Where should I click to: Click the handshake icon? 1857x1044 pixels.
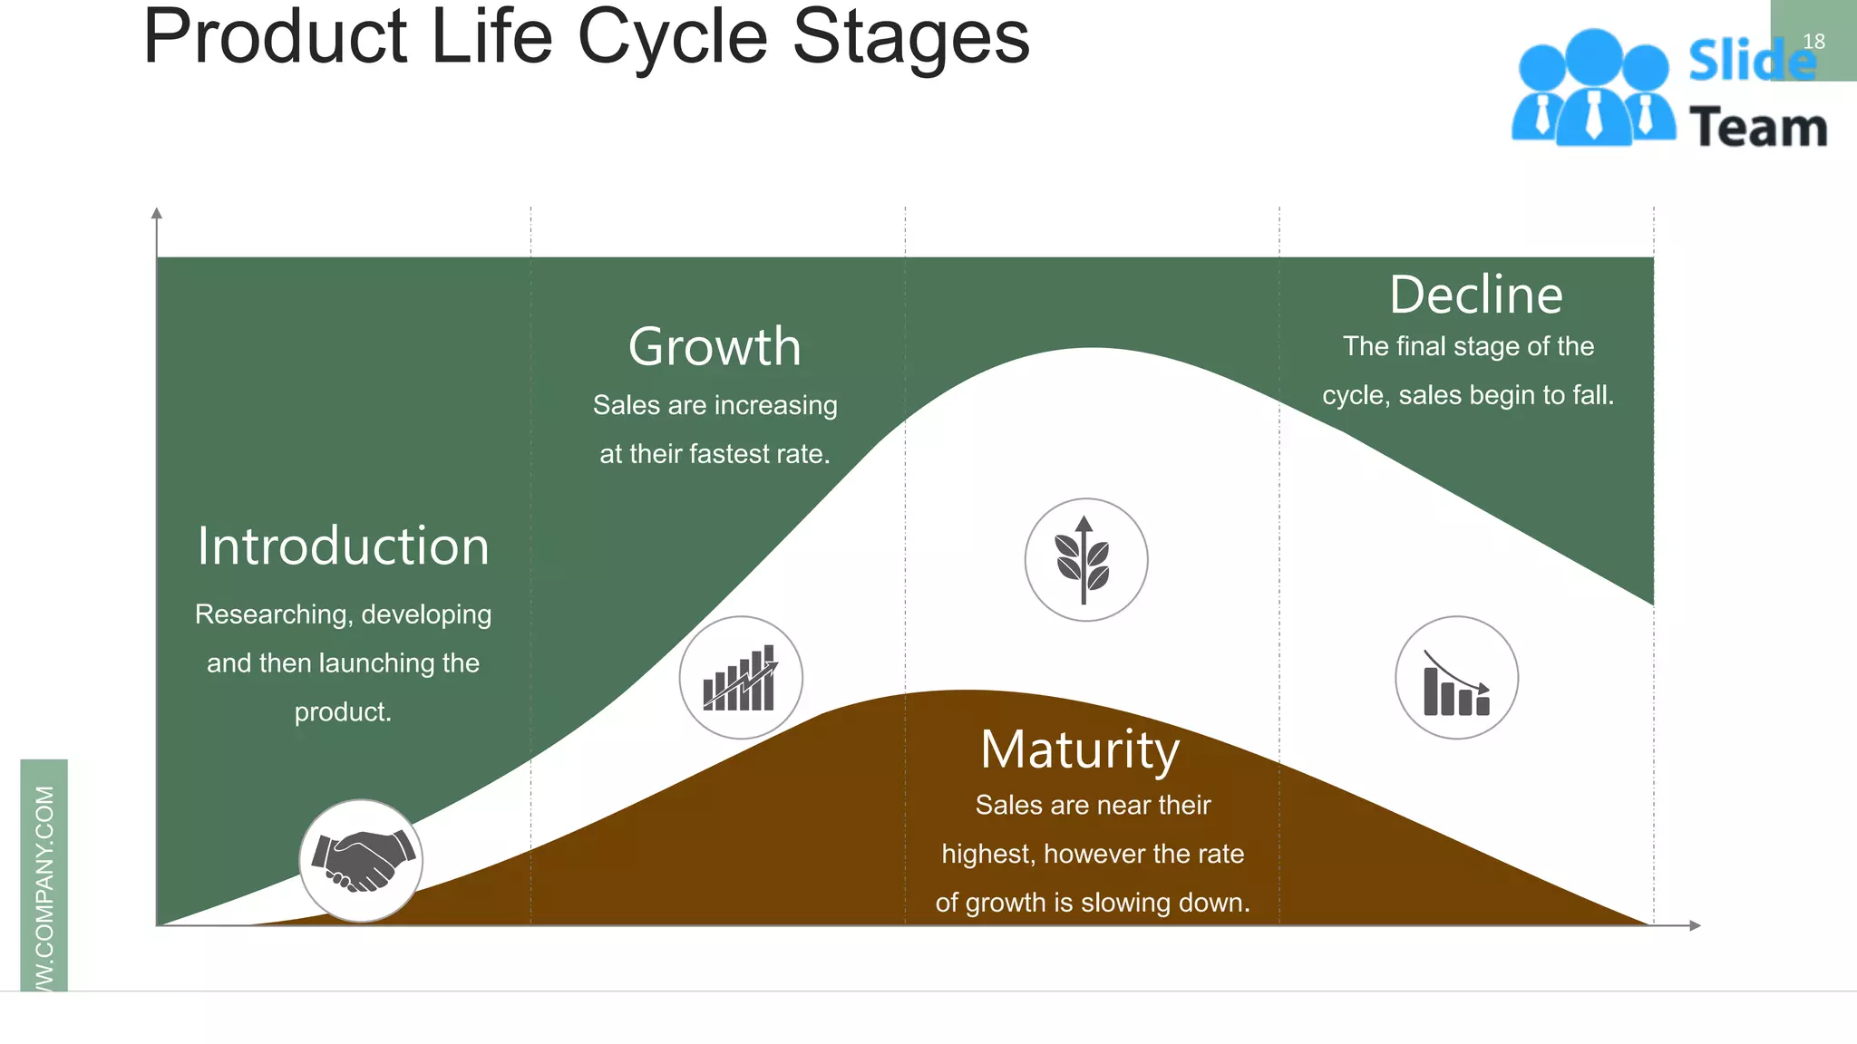pyautogui.click(x=362, y=861)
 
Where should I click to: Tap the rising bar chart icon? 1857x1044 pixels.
pyautogui.click(x=741, y=678)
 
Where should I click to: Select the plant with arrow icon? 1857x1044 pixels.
pyautogui.click(x=1085, y=560)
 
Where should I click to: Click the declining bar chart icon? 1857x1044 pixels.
pyautogui.click(x=1456, y=678)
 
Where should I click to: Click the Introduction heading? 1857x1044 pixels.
pyautogui.click(x=343, y=546)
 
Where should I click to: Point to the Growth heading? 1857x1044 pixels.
pyautogui.click(x=715, y=347)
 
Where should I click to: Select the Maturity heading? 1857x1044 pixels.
pyautogui.click(x=1080, y=750)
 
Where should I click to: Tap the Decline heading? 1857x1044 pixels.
pyautogui.click(x=1476, y=295)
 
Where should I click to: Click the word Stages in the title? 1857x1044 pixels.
pyautogui.click(x=910, y=38)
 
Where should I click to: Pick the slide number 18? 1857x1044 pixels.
pyautogui.click(x=1813, y=42)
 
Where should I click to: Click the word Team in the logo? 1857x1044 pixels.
pyautogui.click(x=1758, y=128)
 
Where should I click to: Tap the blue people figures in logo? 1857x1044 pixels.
pyautogui.click(x=1593, y=91)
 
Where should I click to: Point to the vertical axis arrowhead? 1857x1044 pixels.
pyautogui.click(x=157, y=214)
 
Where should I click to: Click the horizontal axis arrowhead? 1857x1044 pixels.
pyautogui.click(x=1694, y=925)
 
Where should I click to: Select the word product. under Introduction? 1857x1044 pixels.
pyautogui.click(x=343, y=712)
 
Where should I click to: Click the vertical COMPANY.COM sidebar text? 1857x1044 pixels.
pyautogui.click(x=44, y=888)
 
